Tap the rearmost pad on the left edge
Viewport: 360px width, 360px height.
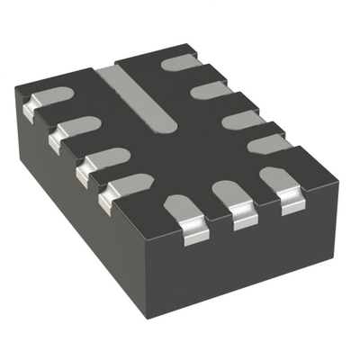click(46, 96)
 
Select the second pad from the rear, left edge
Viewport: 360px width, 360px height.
click(74, 126)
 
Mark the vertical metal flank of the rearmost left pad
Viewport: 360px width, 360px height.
click(26, 110)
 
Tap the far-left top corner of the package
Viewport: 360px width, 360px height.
click(16, 83)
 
